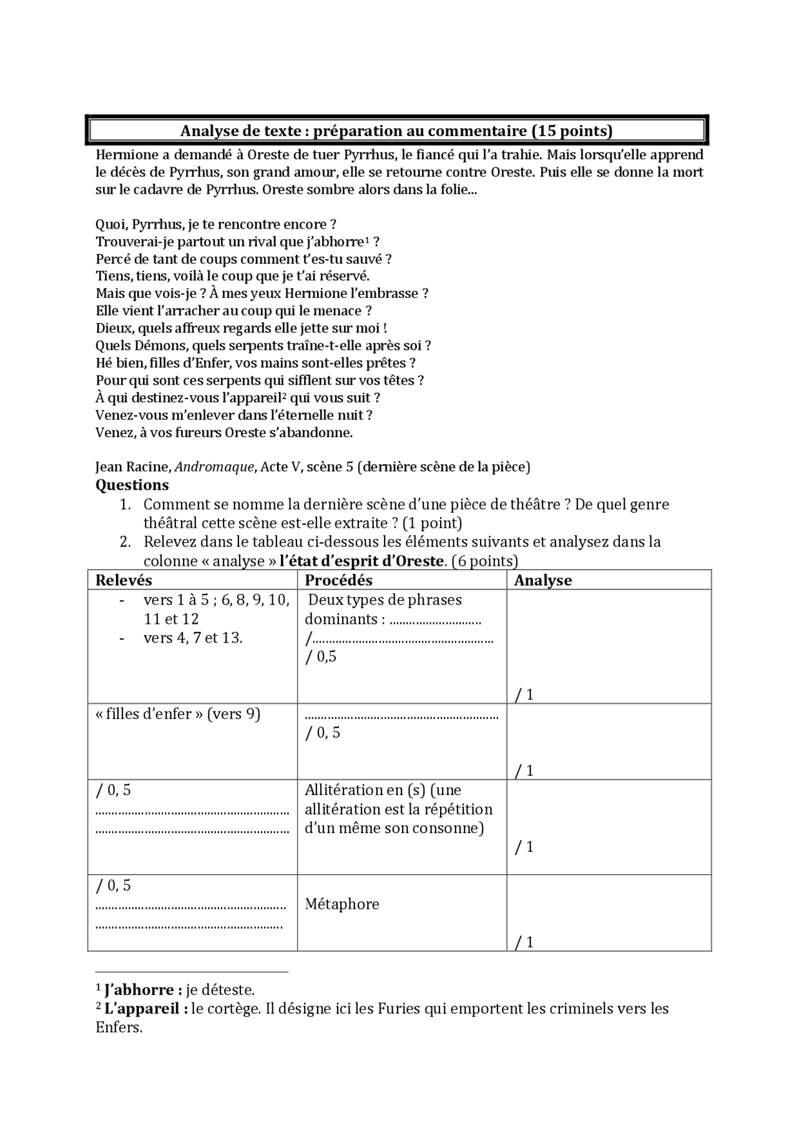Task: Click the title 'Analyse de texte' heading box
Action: tap(396, 131)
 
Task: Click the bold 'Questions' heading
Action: tap(132, 485)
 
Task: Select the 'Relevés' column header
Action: tap(124, 580)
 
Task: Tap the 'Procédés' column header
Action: tap(338, 580)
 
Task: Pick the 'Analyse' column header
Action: tap(542, 580)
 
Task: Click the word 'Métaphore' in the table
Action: tap(342, 904)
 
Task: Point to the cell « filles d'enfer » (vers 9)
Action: tap(178, 714)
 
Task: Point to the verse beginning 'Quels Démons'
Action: tap(263, 345)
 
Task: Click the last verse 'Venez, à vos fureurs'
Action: tap(224, 432)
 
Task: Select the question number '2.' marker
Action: tap(125, 542)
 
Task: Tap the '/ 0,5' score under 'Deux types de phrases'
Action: tap(321, 656)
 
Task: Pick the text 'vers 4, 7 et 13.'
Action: tap(193, 638)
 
